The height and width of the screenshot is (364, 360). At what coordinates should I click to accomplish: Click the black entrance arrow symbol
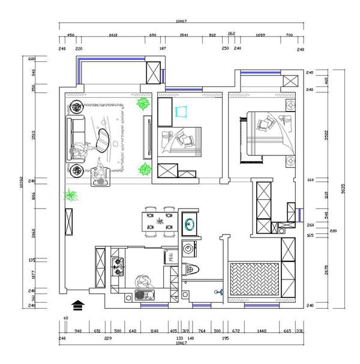[x=77, y=305]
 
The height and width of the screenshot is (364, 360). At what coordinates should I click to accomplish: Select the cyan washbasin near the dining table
[x=189, y=224]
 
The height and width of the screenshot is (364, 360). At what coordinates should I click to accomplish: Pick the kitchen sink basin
[x=142, y=294]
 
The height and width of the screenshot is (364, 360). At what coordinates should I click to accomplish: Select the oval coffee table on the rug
[x=104, y=140]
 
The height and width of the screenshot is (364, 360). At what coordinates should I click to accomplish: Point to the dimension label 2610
[x=113, y=35]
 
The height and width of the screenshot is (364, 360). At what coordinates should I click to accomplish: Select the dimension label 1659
[x=261, y=35]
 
